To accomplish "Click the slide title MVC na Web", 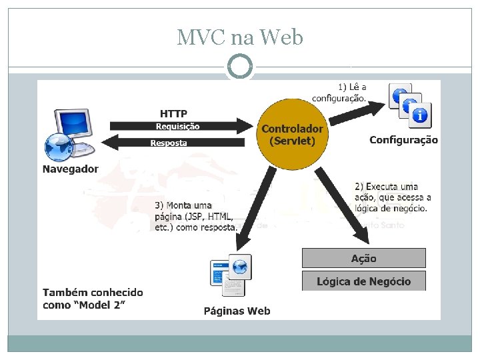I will (x=240, y=37).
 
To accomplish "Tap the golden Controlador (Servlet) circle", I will (x=292, y=135).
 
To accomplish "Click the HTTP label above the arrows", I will (x=173, y=113).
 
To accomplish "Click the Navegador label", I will (x=70, y=169).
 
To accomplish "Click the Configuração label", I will (x=403, y=140).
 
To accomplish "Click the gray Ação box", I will (x=363, y=258).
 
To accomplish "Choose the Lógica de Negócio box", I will (x=363, y=281).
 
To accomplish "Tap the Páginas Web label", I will (x=237, y=311).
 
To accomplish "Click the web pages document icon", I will (x=230, y=275).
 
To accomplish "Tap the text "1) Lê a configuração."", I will (x=352, y=92).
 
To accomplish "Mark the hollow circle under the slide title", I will (x=240, y=67).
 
